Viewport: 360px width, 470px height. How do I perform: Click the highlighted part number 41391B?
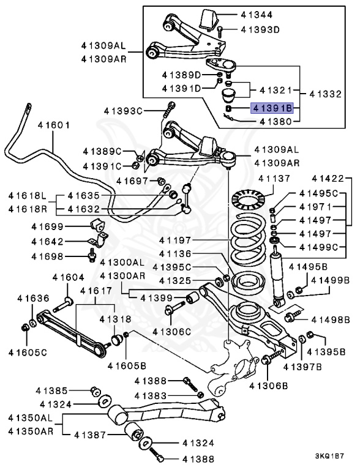click(x=272, y=108)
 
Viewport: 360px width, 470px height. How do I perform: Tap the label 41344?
click(x=257, y=15)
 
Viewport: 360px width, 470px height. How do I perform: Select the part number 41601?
click(x=53, y=125)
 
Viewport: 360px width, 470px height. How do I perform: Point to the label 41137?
click(x=274, y=179)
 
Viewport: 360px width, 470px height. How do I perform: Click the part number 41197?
click(x=175, y=240)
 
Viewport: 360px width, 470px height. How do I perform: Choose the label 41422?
click(x=328, y=179)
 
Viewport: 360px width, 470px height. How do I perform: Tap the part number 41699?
click(x=47, y=226)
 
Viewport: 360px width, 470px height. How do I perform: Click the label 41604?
click(x=69, y=278)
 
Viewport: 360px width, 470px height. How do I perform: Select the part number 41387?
click(x=90, y=435)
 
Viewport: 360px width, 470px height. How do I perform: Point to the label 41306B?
click(x=269, y=386)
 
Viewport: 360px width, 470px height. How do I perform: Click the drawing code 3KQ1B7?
click(x=329, y=456)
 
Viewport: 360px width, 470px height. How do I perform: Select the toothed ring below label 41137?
click(x=249, y=199)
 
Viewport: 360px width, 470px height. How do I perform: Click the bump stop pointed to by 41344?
click(x=209, y=20)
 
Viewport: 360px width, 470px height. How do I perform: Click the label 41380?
click(x=276, y=121)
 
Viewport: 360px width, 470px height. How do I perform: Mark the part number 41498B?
click(x=331, y=320)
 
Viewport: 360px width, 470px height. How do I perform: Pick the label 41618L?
click(x=28, y=196)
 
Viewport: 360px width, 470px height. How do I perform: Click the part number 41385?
click(x=51, y=390)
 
